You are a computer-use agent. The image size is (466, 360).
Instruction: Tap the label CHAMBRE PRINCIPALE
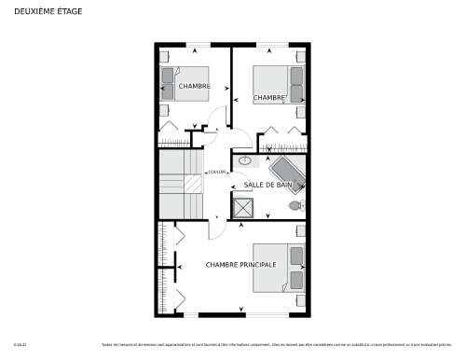(x=240, y=265)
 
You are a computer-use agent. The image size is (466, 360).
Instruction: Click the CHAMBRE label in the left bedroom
(x=195, y=87)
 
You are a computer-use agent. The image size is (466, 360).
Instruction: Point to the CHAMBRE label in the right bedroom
(x=268, y=98)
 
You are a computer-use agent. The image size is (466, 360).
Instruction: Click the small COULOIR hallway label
(x=216, y=173)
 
